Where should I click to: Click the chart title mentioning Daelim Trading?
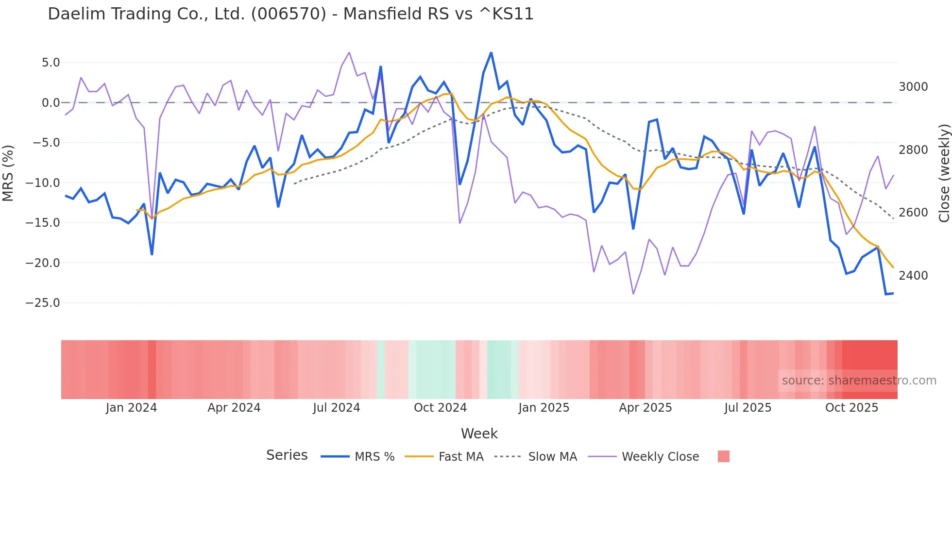point(290,14)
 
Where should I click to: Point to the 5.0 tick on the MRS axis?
point(51,63)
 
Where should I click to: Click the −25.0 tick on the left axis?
point(43,303)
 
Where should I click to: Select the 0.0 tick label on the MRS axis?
point(51,103)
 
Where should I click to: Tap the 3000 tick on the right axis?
point(913,87)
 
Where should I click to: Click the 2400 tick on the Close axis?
point(913,276)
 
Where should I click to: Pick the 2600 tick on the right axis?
point(913,213)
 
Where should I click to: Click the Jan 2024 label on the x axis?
point(131,408)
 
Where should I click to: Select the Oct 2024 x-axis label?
point(440,408)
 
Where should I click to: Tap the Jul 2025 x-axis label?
point(748,408)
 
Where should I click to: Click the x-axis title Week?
point(479,434)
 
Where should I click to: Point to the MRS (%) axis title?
point(8,173)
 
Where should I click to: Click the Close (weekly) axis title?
point(944,173)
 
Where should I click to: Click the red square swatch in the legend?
point(723,456)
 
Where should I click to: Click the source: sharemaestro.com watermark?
point(859,381)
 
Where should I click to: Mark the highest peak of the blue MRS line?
point(491,52)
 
